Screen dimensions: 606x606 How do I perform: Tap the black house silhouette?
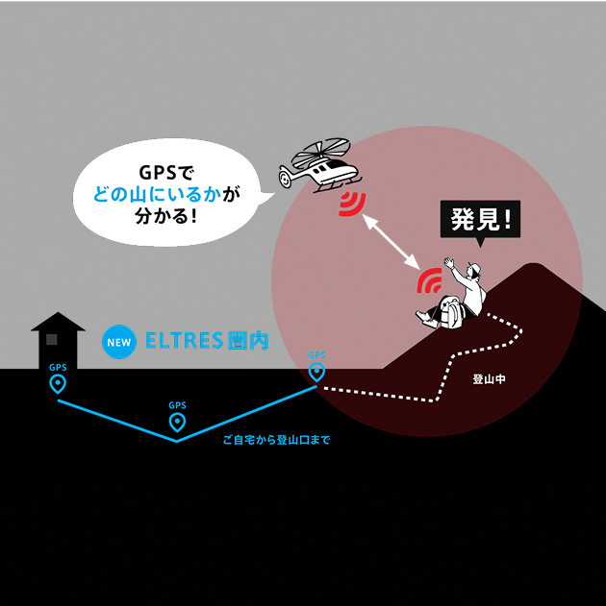(x=58, y=341)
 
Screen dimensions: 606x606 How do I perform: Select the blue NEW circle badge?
(x=118, y=341)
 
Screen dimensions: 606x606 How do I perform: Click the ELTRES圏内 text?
(x=206, y=341)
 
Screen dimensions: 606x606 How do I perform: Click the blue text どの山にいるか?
(x=157, y=195)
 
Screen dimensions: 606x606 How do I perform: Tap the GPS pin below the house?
(x=58, y=385)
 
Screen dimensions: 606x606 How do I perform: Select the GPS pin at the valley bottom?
(x=177, y=423)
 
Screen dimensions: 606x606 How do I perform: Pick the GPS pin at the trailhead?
(x=316, y=372)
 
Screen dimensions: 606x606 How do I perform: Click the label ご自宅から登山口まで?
(x=276, y=441)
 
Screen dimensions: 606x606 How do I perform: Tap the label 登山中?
(x=490, y=379)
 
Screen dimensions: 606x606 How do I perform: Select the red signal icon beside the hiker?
(x=430, y=280)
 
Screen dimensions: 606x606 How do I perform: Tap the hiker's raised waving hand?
(x=446, y=261)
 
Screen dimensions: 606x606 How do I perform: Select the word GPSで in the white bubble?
(x=166, y=173)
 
